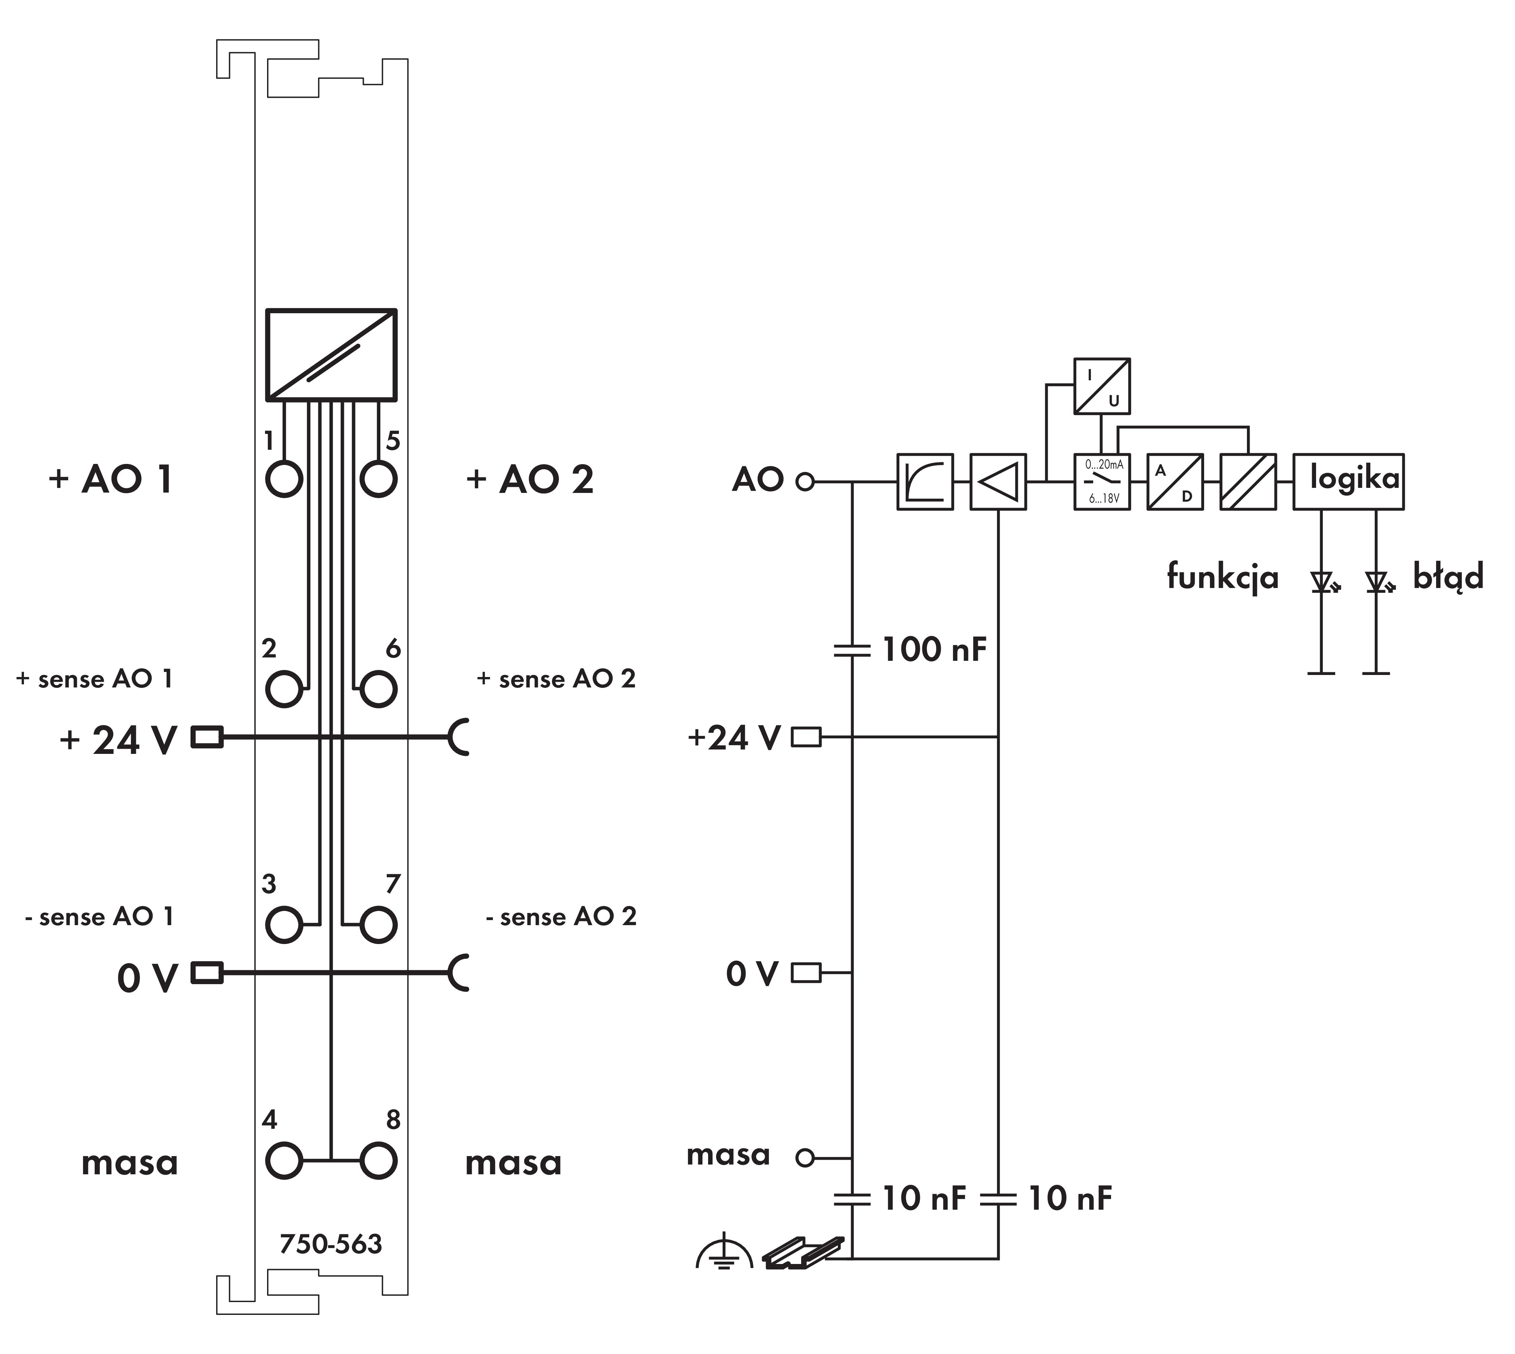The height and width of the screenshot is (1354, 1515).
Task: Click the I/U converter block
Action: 1101,386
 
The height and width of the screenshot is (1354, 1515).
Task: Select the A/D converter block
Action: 1174,481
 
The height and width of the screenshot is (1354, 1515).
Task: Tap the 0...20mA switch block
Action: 1101,481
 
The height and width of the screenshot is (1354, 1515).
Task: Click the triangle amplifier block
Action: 998,481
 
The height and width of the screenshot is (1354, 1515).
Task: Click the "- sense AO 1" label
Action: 99,917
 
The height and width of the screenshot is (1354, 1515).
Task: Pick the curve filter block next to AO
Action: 925,481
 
